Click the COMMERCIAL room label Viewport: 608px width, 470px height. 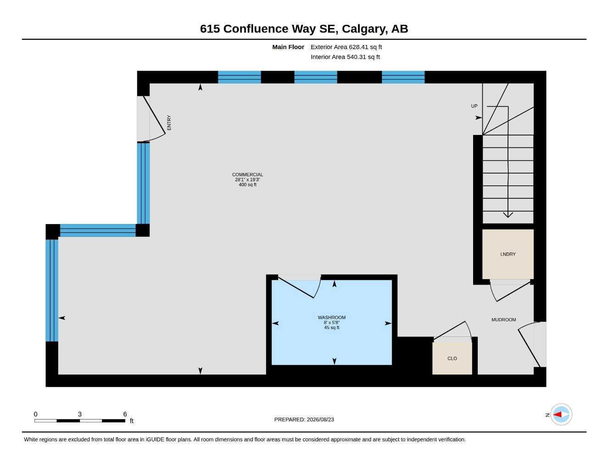tap(247, 174)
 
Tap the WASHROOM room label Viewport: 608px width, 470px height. tap(332, 318)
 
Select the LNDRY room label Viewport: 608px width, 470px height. tap(508, 254)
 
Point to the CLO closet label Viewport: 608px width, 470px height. tap(452, 358)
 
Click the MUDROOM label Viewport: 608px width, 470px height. tap(504, 320)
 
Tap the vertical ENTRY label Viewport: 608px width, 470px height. tap(169, 123)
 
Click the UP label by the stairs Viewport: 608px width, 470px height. tap(474, 106)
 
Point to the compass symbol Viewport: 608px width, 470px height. tap(561, 414)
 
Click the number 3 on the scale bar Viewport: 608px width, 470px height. tap(80, 414)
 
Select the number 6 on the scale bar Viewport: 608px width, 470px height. tap(125, 414)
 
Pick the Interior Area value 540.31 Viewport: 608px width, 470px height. tap(356, 57)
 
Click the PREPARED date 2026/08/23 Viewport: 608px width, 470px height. tap(320, 420)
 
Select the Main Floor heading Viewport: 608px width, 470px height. tap(288, 47)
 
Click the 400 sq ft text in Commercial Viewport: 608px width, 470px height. tap(247, 185)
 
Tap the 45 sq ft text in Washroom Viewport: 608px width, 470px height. tap(332, 328)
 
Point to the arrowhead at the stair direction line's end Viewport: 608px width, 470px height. tap(508, 215)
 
